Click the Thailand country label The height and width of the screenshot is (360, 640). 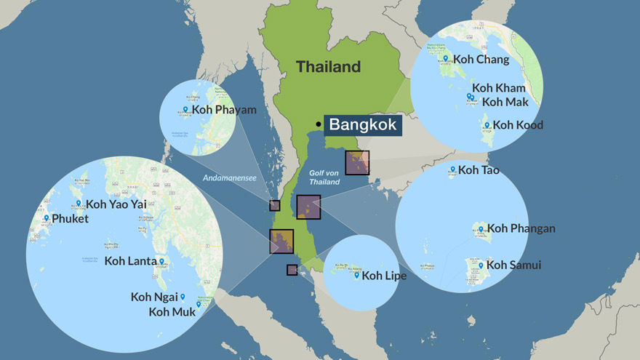(328, 67)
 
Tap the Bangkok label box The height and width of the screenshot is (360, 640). (362, 124)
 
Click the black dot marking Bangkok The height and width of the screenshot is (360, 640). (319, 124)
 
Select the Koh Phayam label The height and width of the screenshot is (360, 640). (224, 110)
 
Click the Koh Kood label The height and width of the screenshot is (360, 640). (517, 125)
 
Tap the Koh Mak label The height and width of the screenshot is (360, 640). (506, 102)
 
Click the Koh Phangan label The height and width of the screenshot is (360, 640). (521, 228)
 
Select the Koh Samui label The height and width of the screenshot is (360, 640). (513, 265)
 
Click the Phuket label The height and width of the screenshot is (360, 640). (70, 218)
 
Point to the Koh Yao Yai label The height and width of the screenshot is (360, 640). (116, 204)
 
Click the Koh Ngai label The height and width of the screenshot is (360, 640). (154, 297)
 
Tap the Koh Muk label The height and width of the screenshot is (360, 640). (172, 312)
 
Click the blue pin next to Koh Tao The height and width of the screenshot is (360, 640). (452, 169)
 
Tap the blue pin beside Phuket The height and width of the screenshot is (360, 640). (46, 217)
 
